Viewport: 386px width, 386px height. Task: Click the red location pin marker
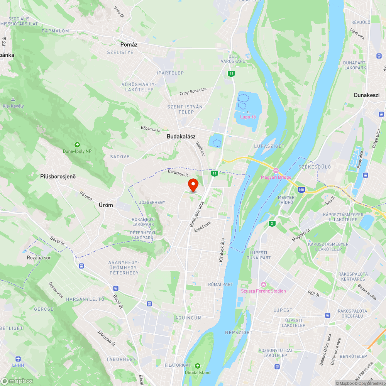(x=193, y=185)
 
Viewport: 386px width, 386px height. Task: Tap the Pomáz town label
(x=129, y=44)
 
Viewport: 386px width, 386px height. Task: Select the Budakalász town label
(x=181, y=136)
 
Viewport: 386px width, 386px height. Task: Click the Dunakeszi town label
(x=367, y=95)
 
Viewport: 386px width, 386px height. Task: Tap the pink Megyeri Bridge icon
(x=276, y=170)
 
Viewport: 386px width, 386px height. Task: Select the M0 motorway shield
(x=301, y=190)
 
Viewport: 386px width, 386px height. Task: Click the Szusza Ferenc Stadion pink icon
(x=264, y=284)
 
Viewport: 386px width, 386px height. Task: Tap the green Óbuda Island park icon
(x=198, y=366)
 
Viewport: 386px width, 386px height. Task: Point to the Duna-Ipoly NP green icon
(x=77, y=145)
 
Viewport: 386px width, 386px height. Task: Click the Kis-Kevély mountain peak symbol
(x=14, y=100)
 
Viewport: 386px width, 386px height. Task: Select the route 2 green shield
(x=272, y=223)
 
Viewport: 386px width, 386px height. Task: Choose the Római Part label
(x=220, y=284)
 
